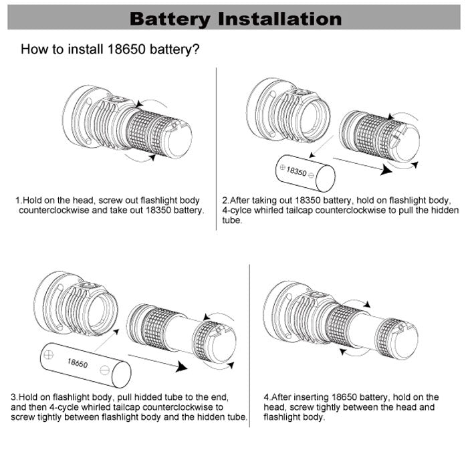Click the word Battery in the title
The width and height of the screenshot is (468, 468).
click(x=170, y=18)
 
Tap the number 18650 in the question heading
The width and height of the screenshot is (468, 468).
click(x=126, y=49)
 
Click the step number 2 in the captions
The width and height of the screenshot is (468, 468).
click(x=225, y=200)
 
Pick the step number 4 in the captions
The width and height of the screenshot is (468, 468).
click(x=266, y=397)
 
